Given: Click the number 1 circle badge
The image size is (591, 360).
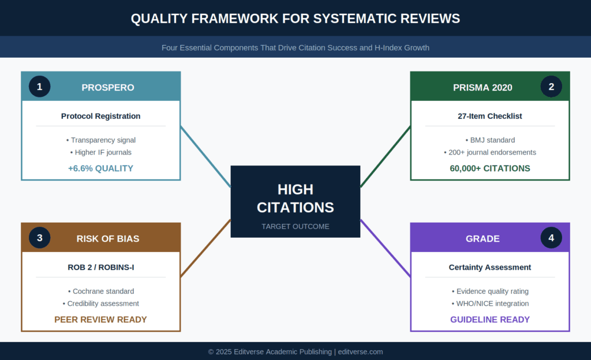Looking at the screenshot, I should pyautogui.click(x=39, y=87).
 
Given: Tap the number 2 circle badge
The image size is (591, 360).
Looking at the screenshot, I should pyautogui.click(x=551, y=87).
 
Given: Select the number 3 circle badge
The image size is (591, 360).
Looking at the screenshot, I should pyautogui.click(x=39, y=238).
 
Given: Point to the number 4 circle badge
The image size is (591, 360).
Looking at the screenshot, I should pyautogui.click(x=551, y=238).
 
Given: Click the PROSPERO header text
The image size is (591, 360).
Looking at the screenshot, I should pyautogui.click(x=108, y=88).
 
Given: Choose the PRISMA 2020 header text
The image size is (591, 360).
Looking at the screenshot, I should pyautogui.click(x=482, y=88).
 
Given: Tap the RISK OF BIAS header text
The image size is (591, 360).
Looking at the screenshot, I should pyautogui.click(x=108, y=239).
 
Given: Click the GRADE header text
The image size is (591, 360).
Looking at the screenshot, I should pyautogui.click(x=482, y=239).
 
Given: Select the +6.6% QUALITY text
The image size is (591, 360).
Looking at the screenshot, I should pyautogui.click(x=100, y=168).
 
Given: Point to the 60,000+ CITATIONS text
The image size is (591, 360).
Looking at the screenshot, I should pyautogui.click(x=490, y=168).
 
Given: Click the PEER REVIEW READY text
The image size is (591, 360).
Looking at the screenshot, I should pyautogui.click(x=100, y=320).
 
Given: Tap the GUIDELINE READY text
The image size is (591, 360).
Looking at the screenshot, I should pyautogui.click(x=490, y=320).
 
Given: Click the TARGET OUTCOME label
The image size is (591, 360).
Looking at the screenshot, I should pyautogui.click(x=295, y=226).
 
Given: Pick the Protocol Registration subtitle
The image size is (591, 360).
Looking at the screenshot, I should pyautogui.click(x=101, y=116).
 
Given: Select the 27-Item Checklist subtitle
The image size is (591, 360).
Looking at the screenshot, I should pyautogui.click(x=490, y=116).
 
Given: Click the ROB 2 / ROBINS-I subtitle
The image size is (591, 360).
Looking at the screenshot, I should pyautogui.click(x=101, y=267).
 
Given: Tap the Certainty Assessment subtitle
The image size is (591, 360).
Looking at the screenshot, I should pyautogui.click(x=490, y=267).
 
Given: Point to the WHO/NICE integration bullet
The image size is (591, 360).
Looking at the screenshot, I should pyautogui.click(x=490, y=303).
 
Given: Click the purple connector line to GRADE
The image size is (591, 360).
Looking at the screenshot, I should pyautogui.click(x=386, y=249).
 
